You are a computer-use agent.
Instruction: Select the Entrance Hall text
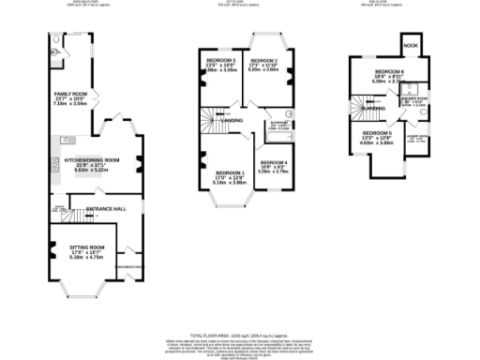[x=105, y=207]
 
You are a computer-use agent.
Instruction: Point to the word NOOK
[x=410, y=45]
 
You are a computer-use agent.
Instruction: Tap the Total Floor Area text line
[x=239, y=334]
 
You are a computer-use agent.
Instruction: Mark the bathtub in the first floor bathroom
[x=278, y=141]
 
